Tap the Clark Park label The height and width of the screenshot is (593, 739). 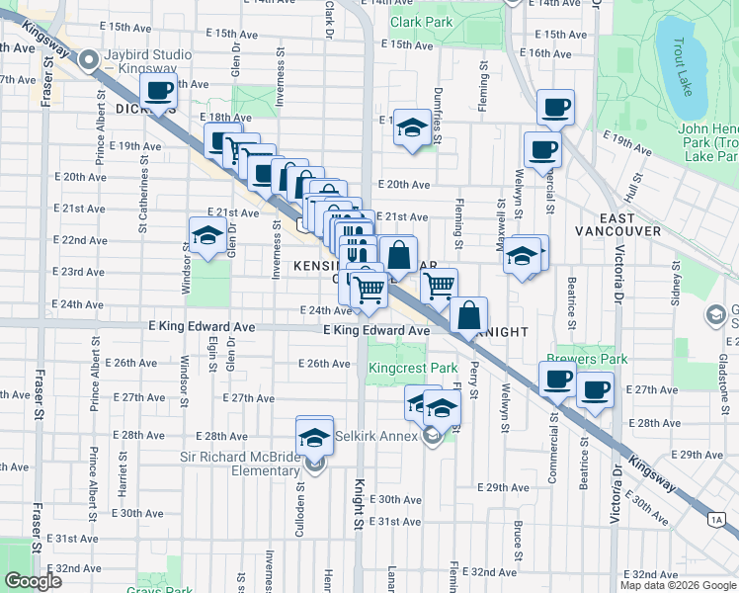[x=421, y=21]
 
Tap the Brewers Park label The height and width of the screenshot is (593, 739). [x=580, y=362]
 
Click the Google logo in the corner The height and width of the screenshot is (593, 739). [x=34, y=580]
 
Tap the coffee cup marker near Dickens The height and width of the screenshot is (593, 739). [x=159, y=93]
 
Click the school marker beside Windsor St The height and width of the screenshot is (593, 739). [x=206, y=236]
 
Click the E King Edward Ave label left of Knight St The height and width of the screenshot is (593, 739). [x=201, y=326]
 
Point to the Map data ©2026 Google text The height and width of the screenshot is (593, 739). [x=678, y=585]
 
